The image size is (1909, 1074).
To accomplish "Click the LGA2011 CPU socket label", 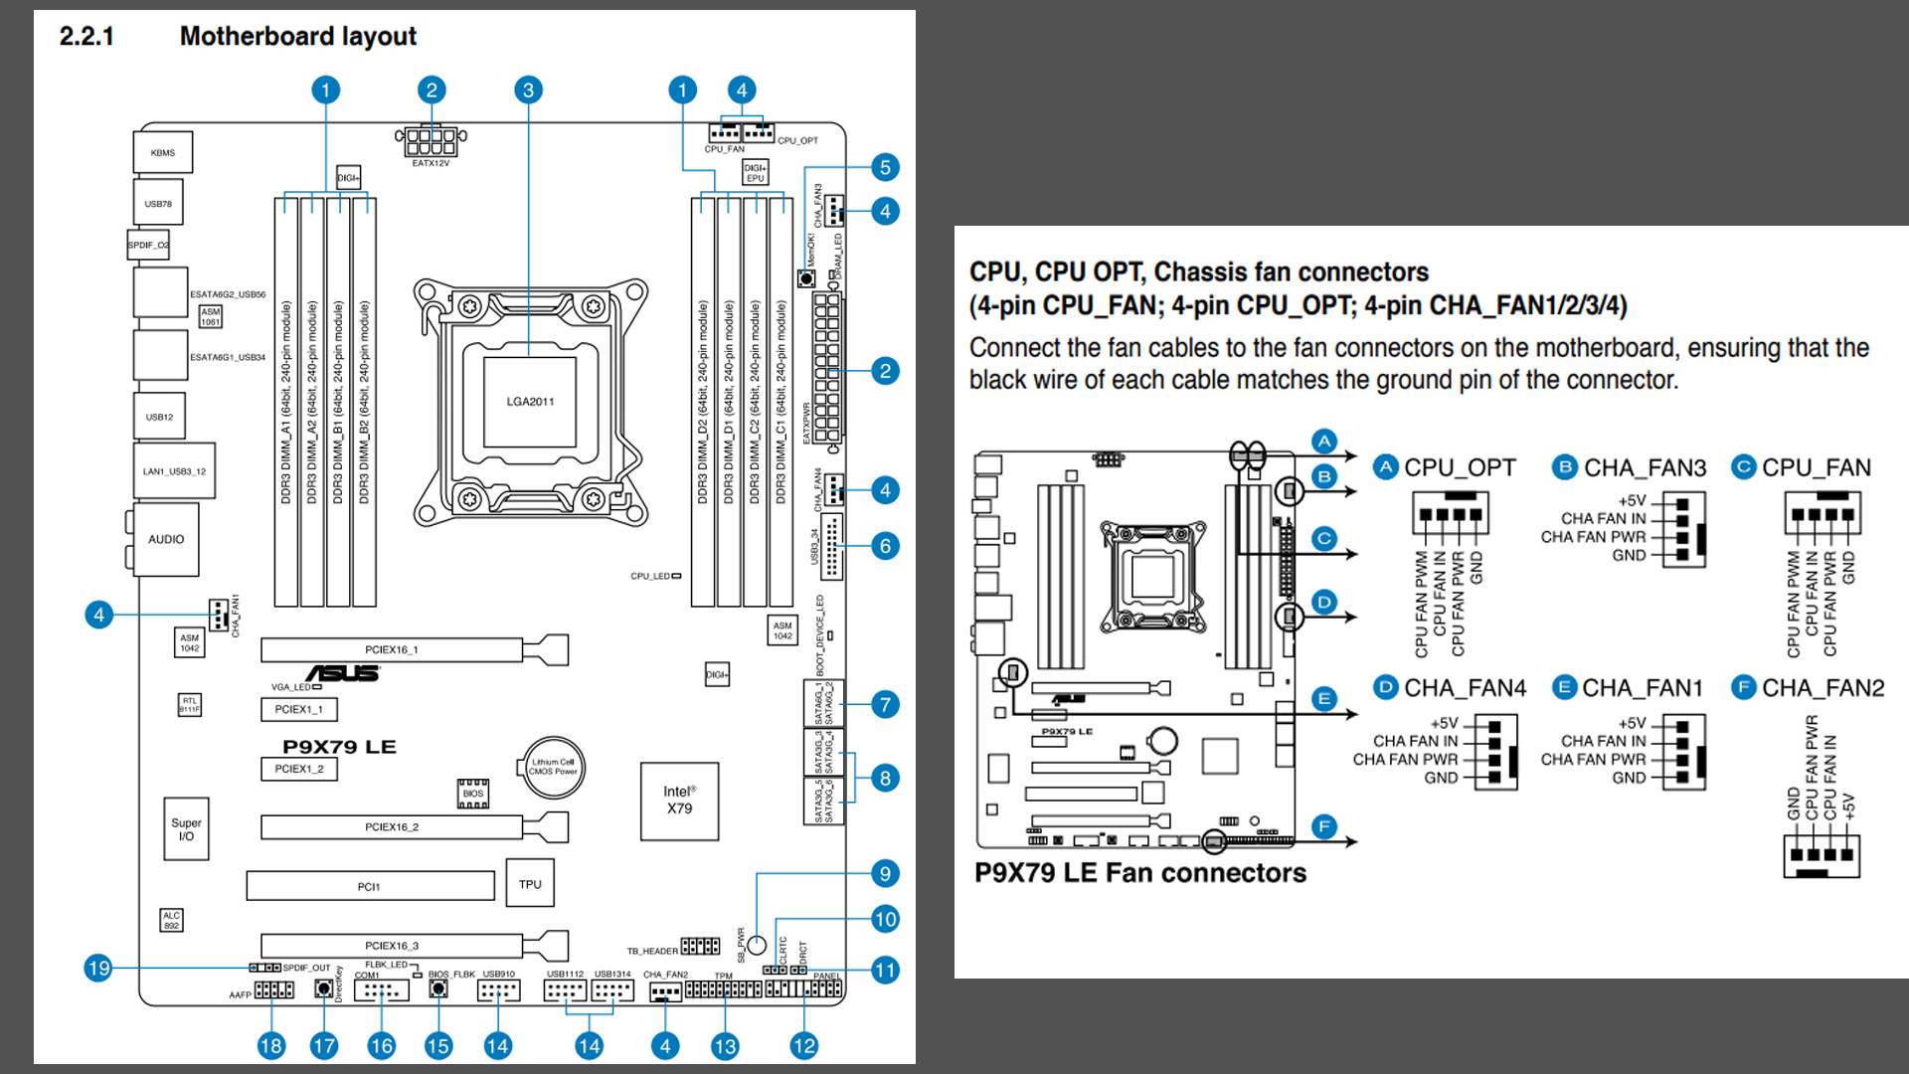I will (x=530, y=402).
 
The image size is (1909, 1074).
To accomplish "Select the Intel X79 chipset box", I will (x=679, y=801).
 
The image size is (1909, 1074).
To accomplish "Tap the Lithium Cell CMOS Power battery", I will (x=553, y=767).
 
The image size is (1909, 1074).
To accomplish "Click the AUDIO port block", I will (x=166, y=539).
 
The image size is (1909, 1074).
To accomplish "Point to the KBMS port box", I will (x=162, y=153).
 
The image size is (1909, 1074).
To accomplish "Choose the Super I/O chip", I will (x=186, y=828).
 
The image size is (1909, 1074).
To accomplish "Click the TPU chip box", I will (x=530, y=884).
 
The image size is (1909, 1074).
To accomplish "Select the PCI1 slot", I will (x=370, y=886).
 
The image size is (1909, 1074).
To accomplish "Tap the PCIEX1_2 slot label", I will (x=299, y=769).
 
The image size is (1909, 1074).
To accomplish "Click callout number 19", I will (x=98, y=968).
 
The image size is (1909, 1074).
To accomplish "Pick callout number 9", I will (x=885, y=873).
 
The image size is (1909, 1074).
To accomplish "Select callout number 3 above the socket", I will (x=528, y=90).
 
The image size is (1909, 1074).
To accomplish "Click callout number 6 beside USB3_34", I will (x=885, y=546).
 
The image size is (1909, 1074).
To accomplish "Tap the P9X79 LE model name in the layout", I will (x=339, y=747).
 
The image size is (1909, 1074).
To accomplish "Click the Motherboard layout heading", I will (x=297, y=37).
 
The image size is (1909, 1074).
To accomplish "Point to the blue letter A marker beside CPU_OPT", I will (x=1386, y=467).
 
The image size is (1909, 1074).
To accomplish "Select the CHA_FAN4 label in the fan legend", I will (x=1465, y=688).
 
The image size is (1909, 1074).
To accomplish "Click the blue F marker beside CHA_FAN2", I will (x=1743, y=687).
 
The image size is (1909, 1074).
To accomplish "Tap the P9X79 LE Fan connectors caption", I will (x=1140, y=873).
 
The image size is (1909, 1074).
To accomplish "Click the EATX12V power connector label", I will (x=431, y=163).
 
